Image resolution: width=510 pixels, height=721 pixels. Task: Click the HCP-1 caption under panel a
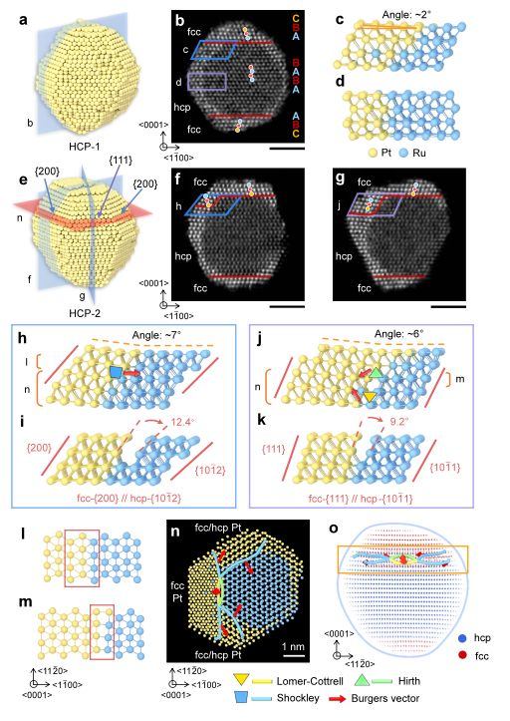tap(84, 147)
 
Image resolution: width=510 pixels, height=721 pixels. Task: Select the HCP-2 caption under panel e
tap(85, 313)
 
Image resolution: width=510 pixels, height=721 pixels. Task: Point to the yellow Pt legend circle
tap(373, 153)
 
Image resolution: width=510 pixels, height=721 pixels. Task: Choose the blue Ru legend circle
tap(403, 153)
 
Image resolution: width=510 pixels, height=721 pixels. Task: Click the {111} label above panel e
tap(121, 161)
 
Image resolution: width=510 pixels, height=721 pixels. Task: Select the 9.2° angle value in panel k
tap(398, 421)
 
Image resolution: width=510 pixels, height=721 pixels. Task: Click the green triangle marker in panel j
tap(377, 373)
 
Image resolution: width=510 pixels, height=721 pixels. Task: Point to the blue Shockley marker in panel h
tap(116, 372)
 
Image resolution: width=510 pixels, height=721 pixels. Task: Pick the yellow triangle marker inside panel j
tap(370, 397)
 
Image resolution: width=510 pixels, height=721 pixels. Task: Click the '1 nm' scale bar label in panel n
tap(293, 646)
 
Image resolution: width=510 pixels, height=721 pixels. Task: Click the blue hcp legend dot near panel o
tap(462, 638)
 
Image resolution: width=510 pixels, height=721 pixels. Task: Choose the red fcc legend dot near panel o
tap(462, 656)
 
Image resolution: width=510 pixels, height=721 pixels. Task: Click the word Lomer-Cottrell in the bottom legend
tap(310, 681)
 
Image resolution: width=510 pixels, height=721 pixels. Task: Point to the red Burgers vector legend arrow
tap(337, 699)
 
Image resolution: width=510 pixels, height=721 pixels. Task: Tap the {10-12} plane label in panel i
tap(211, 470)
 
